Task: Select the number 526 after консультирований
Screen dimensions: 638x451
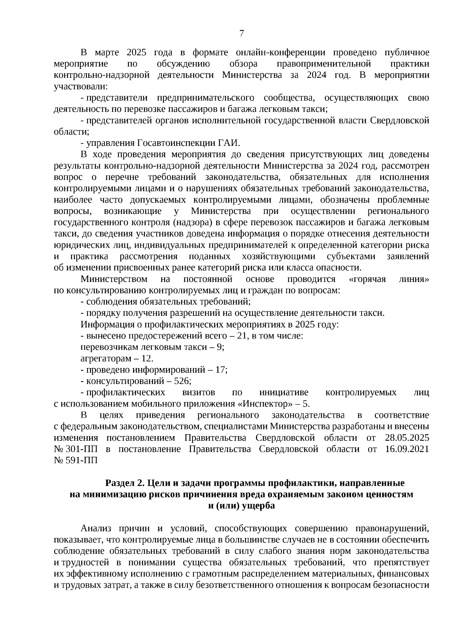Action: click(x=182, y=381)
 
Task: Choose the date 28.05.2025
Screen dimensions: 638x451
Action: click(x=407, y=438)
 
